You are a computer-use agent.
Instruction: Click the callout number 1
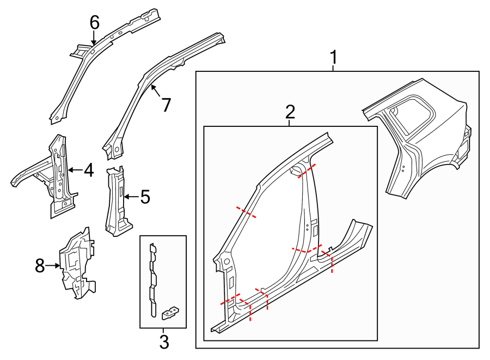tap(334, 57)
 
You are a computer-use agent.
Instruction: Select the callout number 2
tap(290, 112)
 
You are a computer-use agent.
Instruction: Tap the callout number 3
tap(164, 342)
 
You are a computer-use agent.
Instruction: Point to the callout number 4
tap(89, 170)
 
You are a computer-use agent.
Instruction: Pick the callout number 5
tap(145, 197)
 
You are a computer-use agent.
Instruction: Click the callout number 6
tap(94, 23)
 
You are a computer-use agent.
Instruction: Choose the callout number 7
tap(166, 105)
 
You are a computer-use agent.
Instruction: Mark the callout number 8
tap(40, 266)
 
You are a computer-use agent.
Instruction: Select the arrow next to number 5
tap(131, 197)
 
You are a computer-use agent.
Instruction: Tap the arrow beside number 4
tap(75, 170)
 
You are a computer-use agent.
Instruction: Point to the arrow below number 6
tap(94, 38)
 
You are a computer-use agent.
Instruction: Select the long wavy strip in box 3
tap(153, 280)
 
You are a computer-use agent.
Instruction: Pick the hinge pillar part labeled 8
tap(77, 263)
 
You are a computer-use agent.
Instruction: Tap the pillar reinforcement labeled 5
tap(118, 201)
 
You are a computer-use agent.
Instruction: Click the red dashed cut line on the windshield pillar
tap(246, 212)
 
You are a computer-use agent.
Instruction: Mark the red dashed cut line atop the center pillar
tap(307, 170)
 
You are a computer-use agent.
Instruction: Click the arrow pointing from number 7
tap(155, 91)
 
